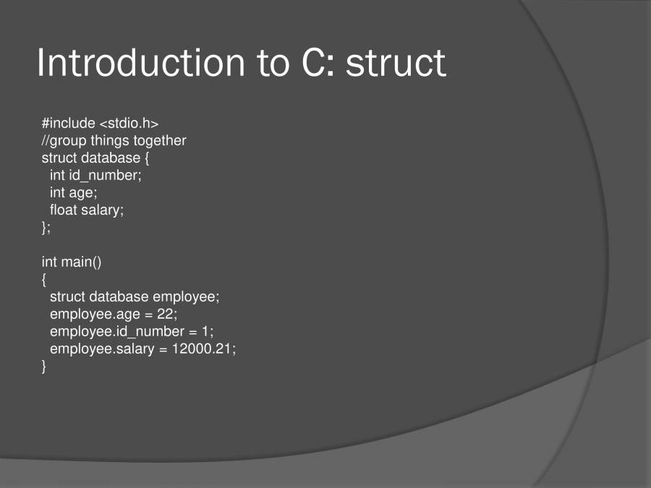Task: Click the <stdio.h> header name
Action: pyautogui.click(x=129, y=123)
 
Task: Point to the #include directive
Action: pyautogui.click(x=68, y=123)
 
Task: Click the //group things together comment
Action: pyautogui.click(x=114, y=140)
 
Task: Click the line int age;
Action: pyautogui.click(x=73, y=192)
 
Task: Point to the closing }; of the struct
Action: pyautogui.click(x=46, y=227)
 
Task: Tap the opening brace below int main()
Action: pyautogui.click(x=44, y=279)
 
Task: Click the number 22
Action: pyautogui.click(x=166, y=314)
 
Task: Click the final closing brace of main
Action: pyautogui.click(x=44, y=366)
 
